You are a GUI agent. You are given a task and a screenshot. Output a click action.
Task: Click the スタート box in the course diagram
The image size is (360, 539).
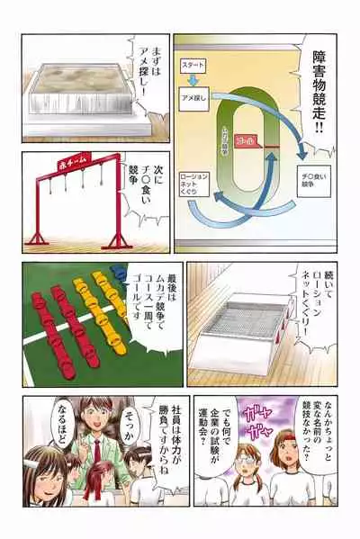[x=196, y=66]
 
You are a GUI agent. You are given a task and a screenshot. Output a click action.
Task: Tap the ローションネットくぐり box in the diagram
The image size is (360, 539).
[x=196, y=182]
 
